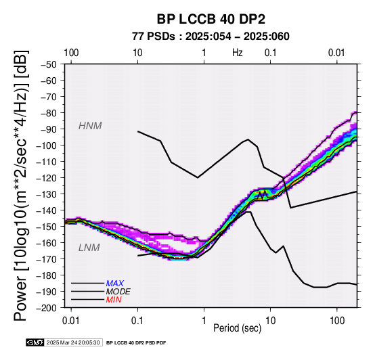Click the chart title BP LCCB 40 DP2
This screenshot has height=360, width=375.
[x=211, y=19]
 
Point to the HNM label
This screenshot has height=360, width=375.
[x=90, y=126]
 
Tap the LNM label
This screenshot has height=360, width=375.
[x=89, y=248]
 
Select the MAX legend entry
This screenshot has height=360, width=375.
[x=115, y=284]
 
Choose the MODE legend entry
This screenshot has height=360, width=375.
[x=118, y=292]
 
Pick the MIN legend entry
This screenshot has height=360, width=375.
[x=114, y=300]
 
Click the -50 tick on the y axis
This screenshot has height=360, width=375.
[x=49, y=64]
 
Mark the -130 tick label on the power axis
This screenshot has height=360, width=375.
[x=47, y=194]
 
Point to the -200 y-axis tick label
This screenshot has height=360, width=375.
[x=47, y=308]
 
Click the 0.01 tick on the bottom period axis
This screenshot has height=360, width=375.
[x=71, y=321]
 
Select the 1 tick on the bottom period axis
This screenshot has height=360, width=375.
[x=204, y=321]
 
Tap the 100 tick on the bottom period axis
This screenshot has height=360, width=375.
[x=337, y=321]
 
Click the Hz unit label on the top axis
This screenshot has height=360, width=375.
[x=238, y=53]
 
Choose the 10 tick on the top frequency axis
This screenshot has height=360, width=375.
[x=137, y=53]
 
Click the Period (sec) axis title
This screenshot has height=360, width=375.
[x=237, y=328]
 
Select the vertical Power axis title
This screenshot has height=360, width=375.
[x=21, y=185]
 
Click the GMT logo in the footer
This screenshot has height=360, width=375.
[x=35, y=342]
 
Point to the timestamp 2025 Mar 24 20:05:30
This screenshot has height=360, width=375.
[x=73, y=342]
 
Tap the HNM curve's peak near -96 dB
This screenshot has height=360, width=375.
[x=248, y=139]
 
